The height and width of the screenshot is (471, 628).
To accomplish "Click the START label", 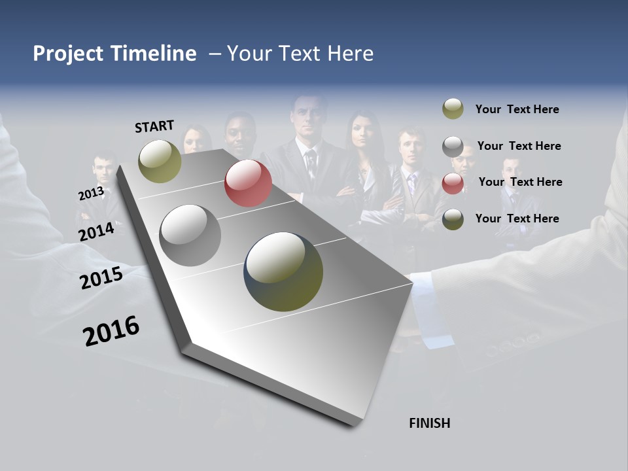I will point(154,126).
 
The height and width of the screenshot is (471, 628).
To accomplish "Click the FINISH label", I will point(429,423).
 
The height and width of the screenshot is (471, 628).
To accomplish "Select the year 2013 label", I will point(91,194).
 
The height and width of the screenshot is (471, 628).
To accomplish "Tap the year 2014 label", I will point(97,232).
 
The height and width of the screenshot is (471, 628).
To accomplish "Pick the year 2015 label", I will point(101,278).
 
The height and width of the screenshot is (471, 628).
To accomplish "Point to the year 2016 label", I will point(111,331).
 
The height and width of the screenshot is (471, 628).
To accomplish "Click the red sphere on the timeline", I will point(248,183).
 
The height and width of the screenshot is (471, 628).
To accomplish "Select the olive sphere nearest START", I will point(160,161).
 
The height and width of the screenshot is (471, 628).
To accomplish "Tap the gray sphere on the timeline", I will point(190,235).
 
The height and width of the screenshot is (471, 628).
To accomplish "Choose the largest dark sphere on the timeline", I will point(283,271).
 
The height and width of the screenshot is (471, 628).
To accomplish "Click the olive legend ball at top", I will point(453,109).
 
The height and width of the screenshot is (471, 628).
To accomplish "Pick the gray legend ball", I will point(453,147).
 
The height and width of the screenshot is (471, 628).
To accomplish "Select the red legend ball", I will point(453,183).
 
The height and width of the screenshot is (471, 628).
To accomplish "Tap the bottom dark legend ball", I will point(453,219).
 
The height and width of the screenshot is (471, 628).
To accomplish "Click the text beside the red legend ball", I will point(520,182).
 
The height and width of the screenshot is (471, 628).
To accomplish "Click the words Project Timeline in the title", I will point(114,54).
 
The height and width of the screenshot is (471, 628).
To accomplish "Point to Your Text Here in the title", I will point(300,54).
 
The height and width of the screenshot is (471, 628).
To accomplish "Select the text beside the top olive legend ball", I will point(517,109).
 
